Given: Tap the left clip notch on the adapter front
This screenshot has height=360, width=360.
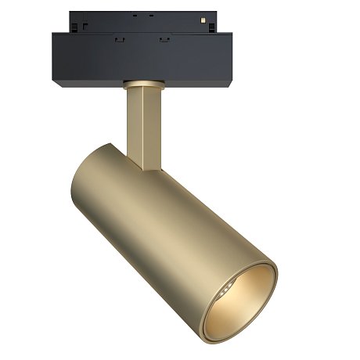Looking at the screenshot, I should [x=119, y=39].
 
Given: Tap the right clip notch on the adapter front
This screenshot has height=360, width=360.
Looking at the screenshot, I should [x=164, y=39].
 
